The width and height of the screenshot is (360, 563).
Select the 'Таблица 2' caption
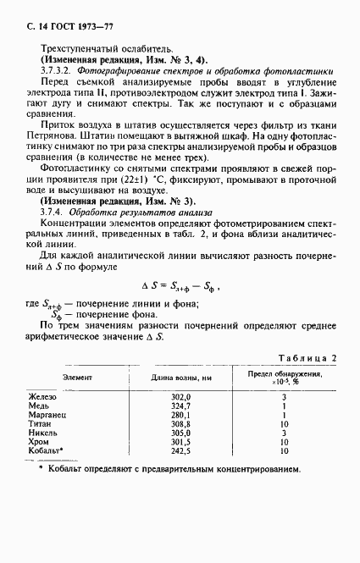point(310,359)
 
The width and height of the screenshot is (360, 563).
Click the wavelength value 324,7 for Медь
point(181,406)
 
